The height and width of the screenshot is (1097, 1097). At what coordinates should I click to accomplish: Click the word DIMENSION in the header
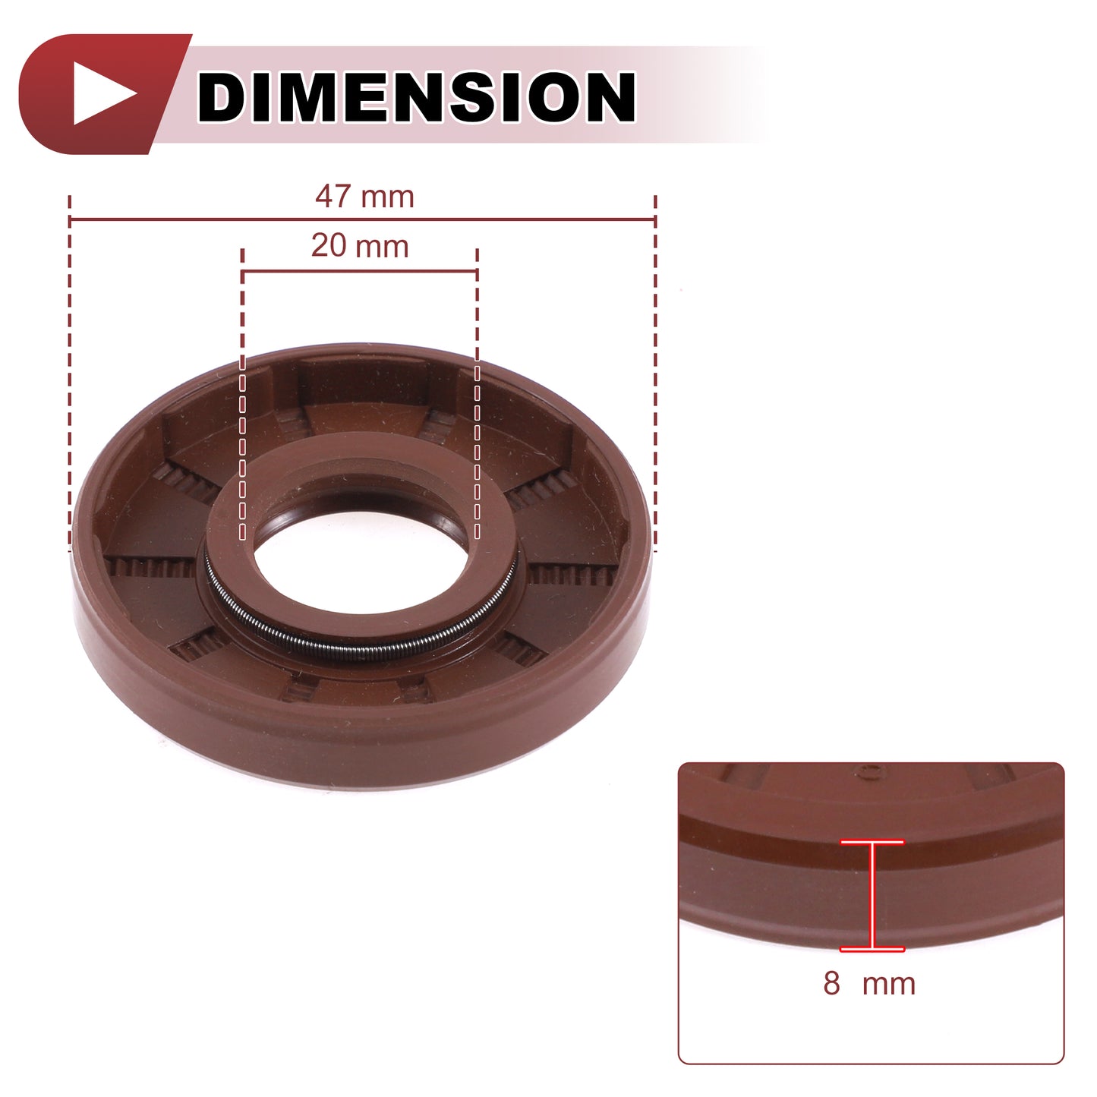(x=416, y=96)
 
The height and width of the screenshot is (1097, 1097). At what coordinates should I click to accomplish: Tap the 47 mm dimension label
(x=364, y=197)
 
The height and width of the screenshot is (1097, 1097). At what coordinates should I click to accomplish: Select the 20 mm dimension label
(x=360, y=246)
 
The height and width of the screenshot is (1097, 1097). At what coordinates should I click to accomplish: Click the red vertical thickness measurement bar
(x=872, y=896)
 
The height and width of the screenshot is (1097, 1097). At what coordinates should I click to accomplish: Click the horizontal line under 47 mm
(x=363, y=219)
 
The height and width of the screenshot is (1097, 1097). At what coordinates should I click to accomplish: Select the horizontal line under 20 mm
(x=360, y=272)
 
